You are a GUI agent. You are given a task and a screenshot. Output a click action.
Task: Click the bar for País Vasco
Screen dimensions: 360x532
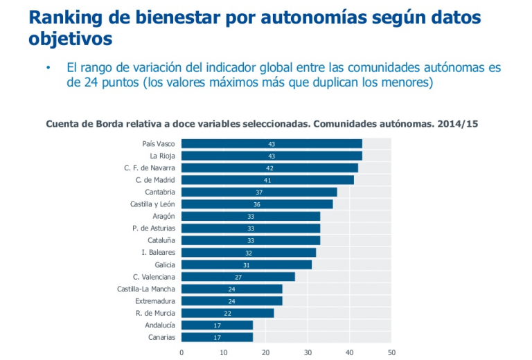pos(272,143)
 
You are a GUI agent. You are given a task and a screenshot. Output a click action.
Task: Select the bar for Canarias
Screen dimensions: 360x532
pos(217,337)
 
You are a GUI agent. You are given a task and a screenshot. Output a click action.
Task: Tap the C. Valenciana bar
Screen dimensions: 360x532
pos(238,277)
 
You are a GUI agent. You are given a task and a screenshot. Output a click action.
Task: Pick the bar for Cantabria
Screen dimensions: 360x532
pos(259,192)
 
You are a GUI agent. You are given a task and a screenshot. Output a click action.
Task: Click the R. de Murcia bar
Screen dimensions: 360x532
pos(227,313)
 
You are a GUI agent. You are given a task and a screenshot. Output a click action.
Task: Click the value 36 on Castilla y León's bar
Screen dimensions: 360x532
pos(257,204)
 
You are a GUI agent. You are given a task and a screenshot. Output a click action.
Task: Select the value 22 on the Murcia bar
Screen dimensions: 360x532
pos(227,313)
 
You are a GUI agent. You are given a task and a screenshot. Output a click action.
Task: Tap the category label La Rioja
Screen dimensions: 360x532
pos(162,156)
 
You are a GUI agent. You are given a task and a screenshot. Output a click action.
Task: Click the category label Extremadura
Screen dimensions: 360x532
pos(155,301)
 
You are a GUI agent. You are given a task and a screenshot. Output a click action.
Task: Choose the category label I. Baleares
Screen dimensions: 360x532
pos(158,253)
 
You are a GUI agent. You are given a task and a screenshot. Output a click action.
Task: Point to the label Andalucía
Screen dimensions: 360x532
pos(160,325)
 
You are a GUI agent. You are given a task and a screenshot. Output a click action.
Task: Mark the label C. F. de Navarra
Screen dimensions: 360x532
pos(150,168)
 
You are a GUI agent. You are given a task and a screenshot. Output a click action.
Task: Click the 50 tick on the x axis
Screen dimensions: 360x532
pos(391,352)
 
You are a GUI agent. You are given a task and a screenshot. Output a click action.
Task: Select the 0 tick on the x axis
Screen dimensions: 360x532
pos(181,352)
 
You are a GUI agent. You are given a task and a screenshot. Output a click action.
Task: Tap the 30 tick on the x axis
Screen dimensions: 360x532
pos(308,352)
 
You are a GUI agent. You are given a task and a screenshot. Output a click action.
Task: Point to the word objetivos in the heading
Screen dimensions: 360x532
pos(70,39)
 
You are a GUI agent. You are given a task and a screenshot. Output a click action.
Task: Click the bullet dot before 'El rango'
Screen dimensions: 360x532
pos(48,68)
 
